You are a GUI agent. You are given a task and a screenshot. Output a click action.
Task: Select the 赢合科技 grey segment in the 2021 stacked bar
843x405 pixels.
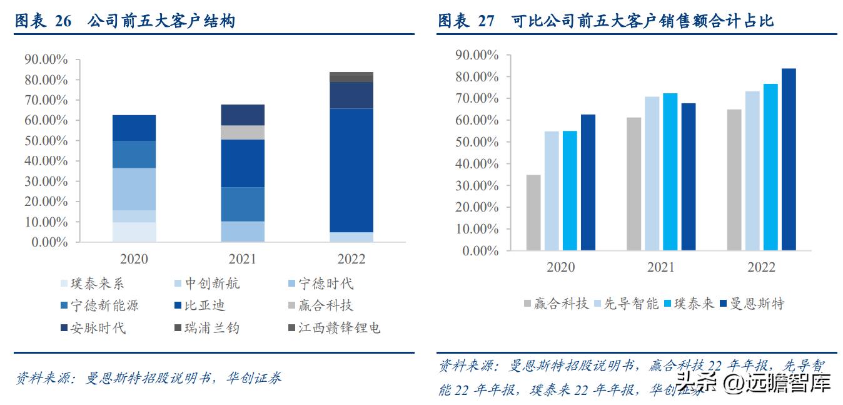point(243,132)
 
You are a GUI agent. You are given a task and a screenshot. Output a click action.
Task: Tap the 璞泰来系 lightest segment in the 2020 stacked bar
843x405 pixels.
point(134,232)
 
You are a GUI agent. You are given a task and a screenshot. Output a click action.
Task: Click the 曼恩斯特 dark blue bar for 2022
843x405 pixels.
point(789,160)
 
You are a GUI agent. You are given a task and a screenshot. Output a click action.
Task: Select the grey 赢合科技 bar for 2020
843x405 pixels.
point(533,213)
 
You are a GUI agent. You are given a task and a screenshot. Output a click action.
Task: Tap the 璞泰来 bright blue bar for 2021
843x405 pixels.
point(670,172)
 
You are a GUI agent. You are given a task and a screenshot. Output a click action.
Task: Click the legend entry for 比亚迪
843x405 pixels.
point(199,306)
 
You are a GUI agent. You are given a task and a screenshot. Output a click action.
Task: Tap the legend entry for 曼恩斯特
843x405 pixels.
point(752,304)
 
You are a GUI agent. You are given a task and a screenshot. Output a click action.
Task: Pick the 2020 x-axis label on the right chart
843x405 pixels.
point(560,267)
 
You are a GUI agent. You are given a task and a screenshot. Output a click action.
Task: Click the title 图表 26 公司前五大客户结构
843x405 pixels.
point(125,21)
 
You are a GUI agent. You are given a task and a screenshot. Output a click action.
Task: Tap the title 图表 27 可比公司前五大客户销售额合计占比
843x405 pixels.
point(605,21)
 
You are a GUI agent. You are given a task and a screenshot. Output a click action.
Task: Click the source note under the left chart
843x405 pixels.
point(148,378)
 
